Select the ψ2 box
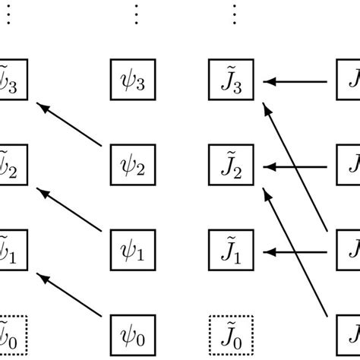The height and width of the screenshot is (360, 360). [x=134, y=165]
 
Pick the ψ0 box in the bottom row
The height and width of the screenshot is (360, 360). [x=134, y=333]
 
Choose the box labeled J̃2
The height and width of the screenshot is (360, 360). [x=233, y=165]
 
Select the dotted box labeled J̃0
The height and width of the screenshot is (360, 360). [x=233, y=333]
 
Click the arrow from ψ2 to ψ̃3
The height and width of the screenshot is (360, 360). [x=70, y=125]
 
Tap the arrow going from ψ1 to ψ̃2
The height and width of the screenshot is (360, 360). [x=70, y=209]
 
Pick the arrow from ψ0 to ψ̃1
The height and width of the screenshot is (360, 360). [x=70, y=293]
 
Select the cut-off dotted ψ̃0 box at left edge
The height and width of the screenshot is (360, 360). [x=14, y=333]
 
